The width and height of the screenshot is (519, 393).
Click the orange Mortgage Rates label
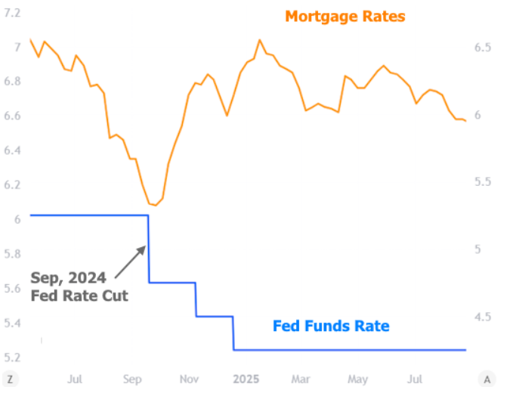point(344,16)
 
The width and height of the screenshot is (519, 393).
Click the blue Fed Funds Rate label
point(331,326)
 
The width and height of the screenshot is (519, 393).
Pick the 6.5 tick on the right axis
point(483,47)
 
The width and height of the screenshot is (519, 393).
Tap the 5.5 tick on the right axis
point(483,182)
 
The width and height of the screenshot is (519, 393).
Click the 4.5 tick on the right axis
point(483,317)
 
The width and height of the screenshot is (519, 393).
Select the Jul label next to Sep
point(74,378)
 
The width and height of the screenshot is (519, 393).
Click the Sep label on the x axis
point(133,378)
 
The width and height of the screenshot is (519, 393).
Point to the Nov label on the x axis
point(189,378)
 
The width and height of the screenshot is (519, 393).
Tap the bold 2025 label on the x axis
point(246,378)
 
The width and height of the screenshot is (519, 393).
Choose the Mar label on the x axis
point(301,378)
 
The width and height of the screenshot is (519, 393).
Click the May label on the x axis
point(357,378)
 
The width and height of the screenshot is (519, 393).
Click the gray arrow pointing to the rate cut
point(131,261)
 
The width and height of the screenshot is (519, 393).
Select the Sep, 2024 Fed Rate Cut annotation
point(79,286)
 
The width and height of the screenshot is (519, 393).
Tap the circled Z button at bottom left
point(10,379)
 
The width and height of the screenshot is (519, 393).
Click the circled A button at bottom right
point(487,379)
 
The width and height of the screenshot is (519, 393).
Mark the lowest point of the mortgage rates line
point(154,205)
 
